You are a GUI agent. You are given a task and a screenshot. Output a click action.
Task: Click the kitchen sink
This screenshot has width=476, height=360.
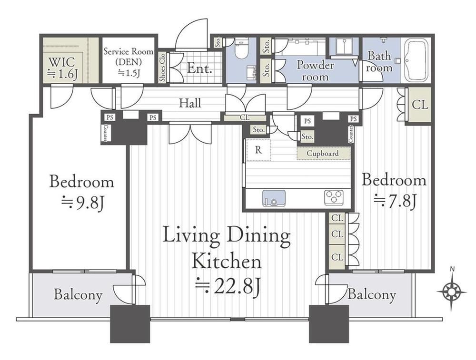coord(274,198)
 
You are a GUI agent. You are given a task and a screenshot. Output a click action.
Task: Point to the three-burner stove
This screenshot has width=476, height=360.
coord(334,198)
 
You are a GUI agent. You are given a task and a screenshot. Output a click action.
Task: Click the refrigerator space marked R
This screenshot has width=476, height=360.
coord(258,150)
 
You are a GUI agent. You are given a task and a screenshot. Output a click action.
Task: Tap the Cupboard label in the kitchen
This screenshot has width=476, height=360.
coord(322,153)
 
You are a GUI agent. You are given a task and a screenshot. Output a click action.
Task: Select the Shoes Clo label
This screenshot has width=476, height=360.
coord(162,68)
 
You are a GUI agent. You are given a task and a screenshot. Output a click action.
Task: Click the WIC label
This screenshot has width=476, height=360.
coord(61,62)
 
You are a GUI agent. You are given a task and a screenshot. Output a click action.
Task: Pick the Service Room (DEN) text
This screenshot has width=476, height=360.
coord(128,57)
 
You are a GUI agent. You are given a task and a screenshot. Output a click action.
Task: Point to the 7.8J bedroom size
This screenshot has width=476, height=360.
coord(394,201)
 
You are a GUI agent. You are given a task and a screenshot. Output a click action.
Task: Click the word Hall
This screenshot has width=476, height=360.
coord(190,103)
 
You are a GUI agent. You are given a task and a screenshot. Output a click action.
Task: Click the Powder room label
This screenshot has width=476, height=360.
coord(315,70)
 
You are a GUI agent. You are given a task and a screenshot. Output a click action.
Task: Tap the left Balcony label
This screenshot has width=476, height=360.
coord(78,294)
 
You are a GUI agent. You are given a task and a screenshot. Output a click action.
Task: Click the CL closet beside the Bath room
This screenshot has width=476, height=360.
coord(420,105)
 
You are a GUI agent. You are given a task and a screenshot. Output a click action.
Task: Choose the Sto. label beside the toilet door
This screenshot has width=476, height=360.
coord(218,42)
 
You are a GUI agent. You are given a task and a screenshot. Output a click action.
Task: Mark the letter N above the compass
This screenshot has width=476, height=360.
coord(452,268)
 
